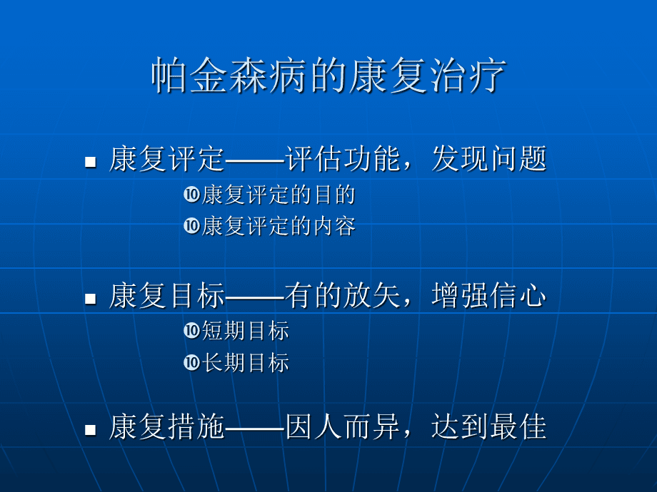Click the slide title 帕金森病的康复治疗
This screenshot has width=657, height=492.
(328, 76)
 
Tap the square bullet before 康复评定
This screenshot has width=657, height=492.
(91, 162)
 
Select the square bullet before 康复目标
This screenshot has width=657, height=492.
(91, 298)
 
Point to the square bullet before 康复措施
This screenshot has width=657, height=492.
(91, 430)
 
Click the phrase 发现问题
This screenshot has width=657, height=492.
(489, 159)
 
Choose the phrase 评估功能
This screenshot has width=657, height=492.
(342, 159)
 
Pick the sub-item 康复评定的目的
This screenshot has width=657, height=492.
(279, 195)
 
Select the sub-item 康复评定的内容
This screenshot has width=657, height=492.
(279, 226)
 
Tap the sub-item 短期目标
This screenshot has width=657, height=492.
(246, 331)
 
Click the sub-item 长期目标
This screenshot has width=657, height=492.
(246, 363)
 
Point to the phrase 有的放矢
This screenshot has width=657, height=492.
(342, 295)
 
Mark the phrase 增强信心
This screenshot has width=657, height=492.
(489, 295)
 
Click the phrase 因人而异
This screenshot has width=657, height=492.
(342, 426)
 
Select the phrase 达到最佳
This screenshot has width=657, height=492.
(489, 426)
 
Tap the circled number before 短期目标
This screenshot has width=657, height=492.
(191, 331)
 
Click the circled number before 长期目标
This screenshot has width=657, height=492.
(191, 362)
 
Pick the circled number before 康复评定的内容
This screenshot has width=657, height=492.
(191, 226)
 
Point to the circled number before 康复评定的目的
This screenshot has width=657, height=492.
(191, 194)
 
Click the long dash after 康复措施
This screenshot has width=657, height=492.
(255, 429)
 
